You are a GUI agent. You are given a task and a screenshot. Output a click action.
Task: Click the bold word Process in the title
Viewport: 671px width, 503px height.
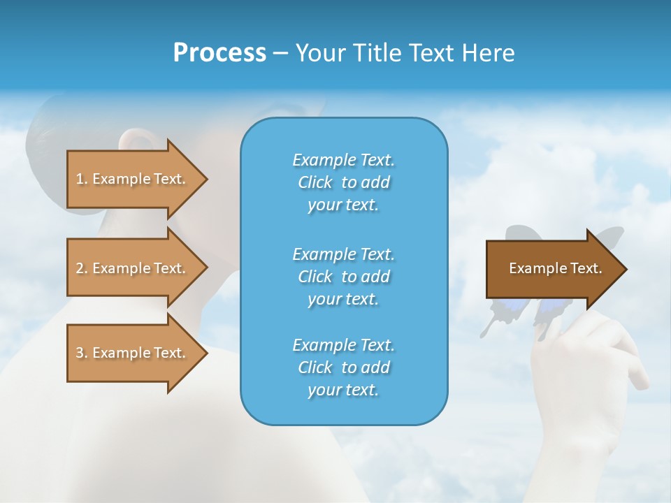(219, 53)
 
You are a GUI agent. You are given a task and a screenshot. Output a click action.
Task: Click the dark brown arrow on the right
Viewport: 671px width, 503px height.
(545, 268)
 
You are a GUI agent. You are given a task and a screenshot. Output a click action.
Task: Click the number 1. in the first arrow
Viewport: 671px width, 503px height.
(82, 179)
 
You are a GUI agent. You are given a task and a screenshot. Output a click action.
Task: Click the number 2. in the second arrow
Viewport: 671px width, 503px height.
(82, 268)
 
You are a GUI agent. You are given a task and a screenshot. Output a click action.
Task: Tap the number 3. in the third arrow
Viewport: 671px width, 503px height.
(82, 353)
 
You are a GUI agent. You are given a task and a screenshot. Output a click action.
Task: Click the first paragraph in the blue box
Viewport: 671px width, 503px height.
(343, 182)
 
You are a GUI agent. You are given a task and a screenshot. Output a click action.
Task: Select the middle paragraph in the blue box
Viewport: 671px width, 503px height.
(343, 276)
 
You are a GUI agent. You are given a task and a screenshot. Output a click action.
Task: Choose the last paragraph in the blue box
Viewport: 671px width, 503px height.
(343, 367)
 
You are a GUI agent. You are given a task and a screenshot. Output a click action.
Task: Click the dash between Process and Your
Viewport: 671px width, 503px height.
(280, 53)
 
